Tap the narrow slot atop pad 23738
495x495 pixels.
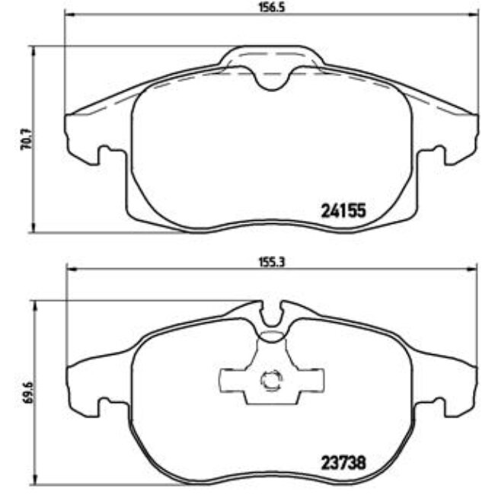271,313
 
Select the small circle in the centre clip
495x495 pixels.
270,379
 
